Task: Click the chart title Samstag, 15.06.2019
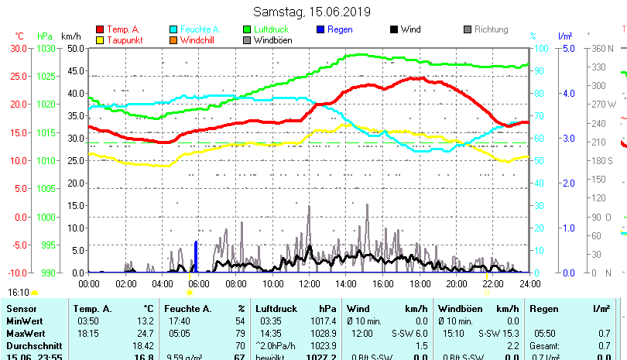click(312, 12)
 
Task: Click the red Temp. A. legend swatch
click(99, 29)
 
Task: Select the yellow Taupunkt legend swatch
click(99, 39)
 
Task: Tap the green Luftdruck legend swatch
click(247, 29)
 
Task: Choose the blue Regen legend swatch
click(320, 29)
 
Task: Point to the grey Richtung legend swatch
click(468, 29)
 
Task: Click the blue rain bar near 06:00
click(196, 257)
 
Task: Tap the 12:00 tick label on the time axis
click(310, 284)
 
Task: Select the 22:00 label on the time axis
click(493, 284)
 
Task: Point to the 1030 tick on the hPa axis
click(46, 48)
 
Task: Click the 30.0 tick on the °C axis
click(19, 48)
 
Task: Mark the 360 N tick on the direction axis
click(602, 48)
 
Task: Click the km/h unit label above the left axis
click(70, 36)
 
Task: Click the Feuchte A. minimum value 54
click(240, 321)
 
